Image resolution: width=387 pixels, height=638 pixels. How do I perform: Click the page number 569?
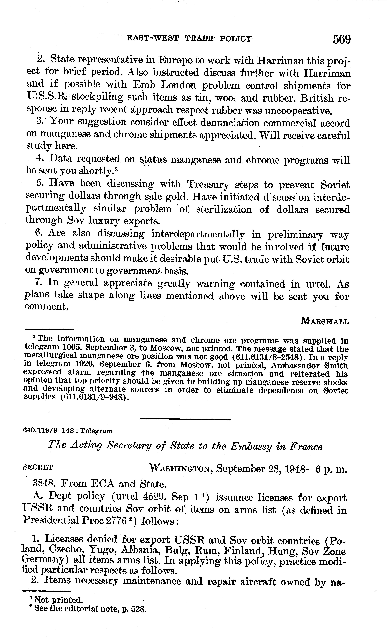pyautogui.click(x=341, y=39)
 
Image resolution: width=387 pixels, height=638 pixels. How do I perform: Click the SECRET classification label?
pyautogui.click(x=38, y=467)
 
